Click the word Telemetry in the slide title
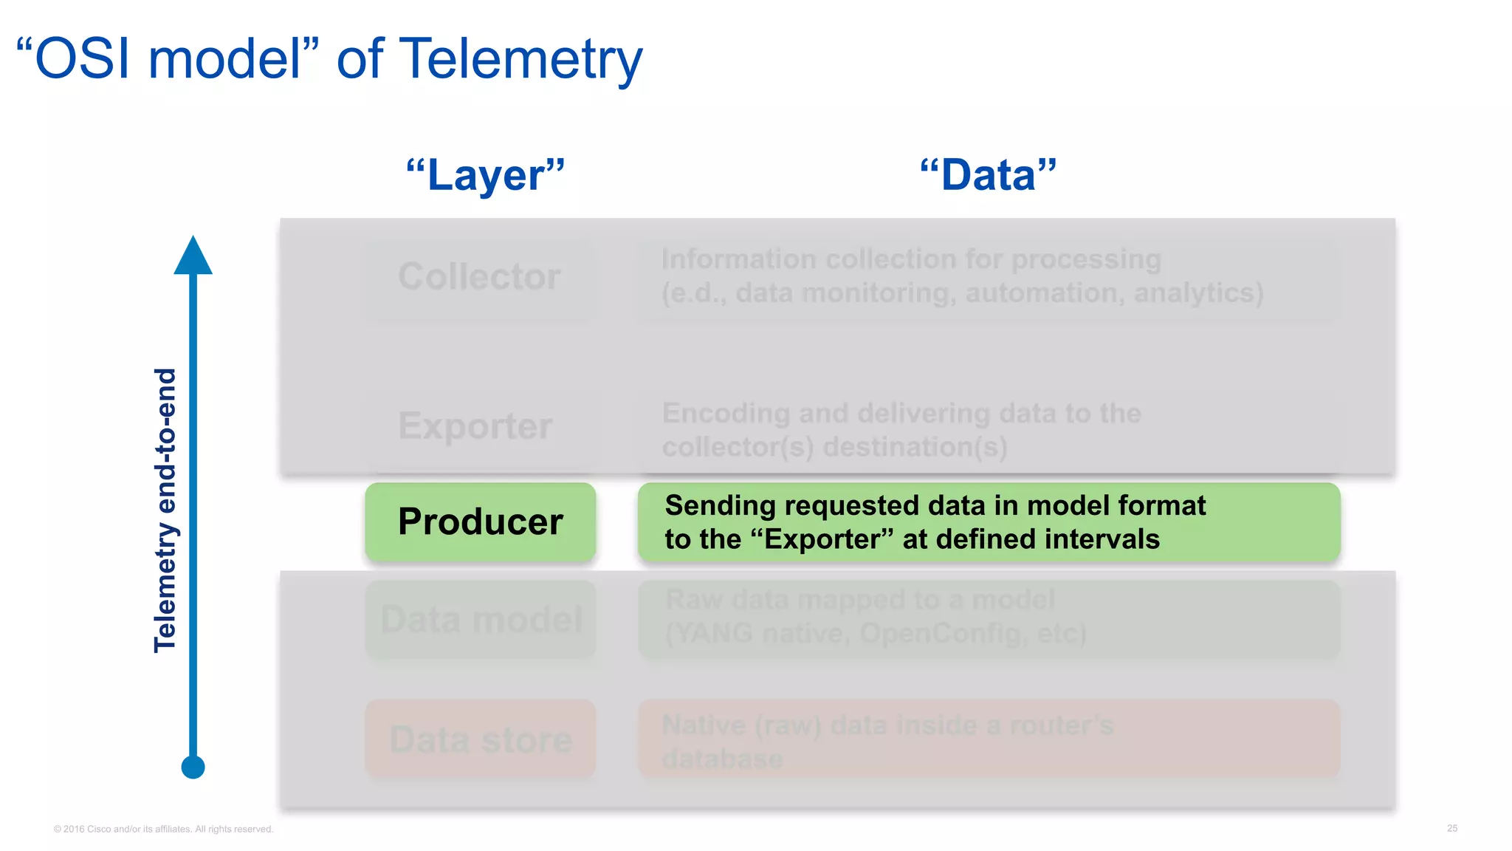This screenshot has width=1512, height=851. (520, 59)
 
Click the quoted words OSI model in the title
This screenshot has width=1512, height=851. (168, 59)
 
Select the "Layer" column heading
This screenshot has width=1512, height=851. (485, 175)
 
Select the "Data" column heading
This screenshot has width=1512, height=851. (988, 175)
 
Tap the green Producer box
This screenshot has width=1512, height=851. (480, 522)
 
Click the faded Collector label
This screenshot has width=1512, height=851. (479, 277)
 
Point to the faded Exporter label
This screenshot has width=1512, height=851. (475, 426)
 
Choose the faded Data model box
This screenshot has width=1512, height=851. (481, 619)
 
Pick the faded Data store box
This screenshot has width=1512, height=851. (481, 739)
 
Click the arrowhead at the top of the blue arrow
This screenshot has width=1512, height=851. (193, 257)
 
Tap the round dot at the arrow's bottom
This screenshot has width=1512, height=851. (193, 767)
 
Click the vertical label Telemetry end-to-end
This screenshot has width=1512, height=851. (165, 510)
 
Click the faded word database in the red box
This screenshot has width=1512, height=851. (722, 759)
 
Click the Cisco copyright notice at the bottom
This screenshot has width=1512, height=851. (163, 829)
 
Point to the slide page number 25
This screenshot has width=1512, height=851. (1451, 828)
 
